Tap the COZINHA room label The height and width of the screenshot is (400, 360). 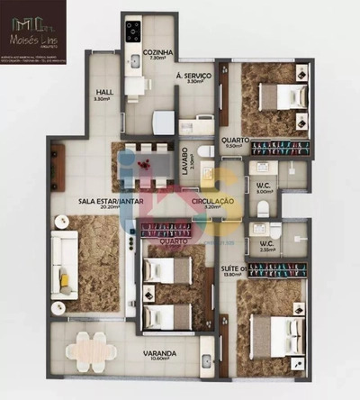157,52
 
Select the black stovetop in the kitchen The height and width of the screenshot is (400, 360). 133,33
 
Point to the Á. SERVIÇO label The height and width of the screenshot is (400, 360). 193,76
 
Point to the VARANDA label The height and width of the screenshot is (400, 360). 164,353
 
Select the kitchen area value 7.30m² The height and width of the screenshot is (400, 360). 157,59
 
